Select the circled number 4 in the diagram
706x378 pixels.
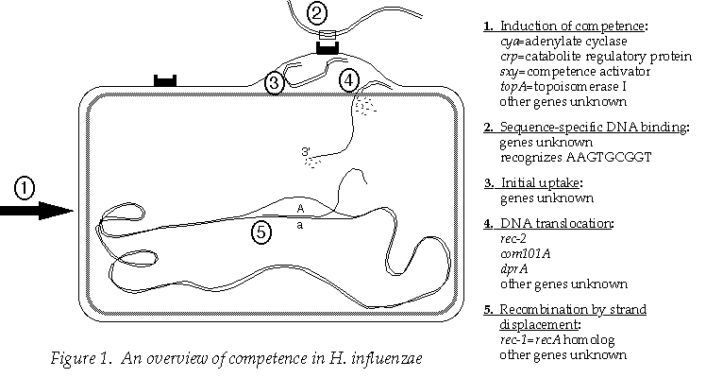[x=349, y=79]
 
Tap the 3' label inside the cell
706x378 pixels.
[x=305, y=151]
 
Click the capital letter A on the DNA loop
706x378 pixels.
[x=300, y=208]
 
